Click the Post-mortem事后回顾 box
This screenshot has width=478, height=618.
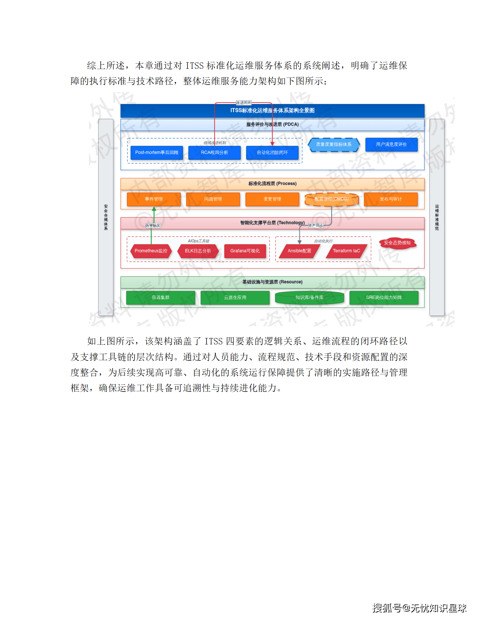pos(157,152)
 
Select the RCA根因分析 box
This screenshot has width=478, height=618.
pos(214,152)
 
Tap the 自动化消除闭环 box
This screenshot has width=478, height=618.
pos(272,152)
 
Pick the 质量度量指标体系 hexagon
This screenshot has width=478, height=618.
pos(334,145)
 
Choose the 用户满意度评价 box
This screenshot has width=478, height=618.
pos(391,144)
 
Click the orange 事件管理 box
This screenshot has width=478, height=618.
pos(154,199)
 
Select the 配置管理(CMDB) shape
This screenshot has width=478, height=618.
pos(332,199)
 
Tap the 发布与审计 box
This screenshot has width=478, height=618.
pos(391,199)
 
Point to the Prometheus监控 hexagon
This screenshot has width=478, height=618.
pos(151,251)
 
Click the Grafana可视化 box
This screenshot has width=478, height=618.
pos(245,251)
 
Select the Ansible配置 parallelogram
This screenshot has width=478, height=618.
pos(299,251)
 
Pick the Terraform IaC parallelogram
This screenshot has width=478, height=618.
pos(346,251)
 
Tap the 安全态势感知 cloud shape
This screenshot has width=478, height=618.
pos(397,243)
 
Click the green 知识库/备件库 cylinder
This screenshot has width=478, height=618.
pos(309,298)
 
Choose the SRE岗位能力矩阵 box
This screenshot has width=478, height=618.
pos(384,298)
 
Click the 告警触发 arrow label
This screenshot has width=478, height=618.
pos(153,226)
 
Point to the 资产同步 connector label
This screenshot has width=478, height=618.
pos(316,226)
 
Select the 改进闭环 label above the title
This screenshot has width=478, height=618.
pos(244,103)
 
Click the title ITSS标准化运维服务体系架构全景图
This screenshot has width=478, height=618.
pos(272,111)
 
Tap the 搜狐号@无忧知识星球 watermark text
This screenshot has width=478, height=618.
pos(419,608)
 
